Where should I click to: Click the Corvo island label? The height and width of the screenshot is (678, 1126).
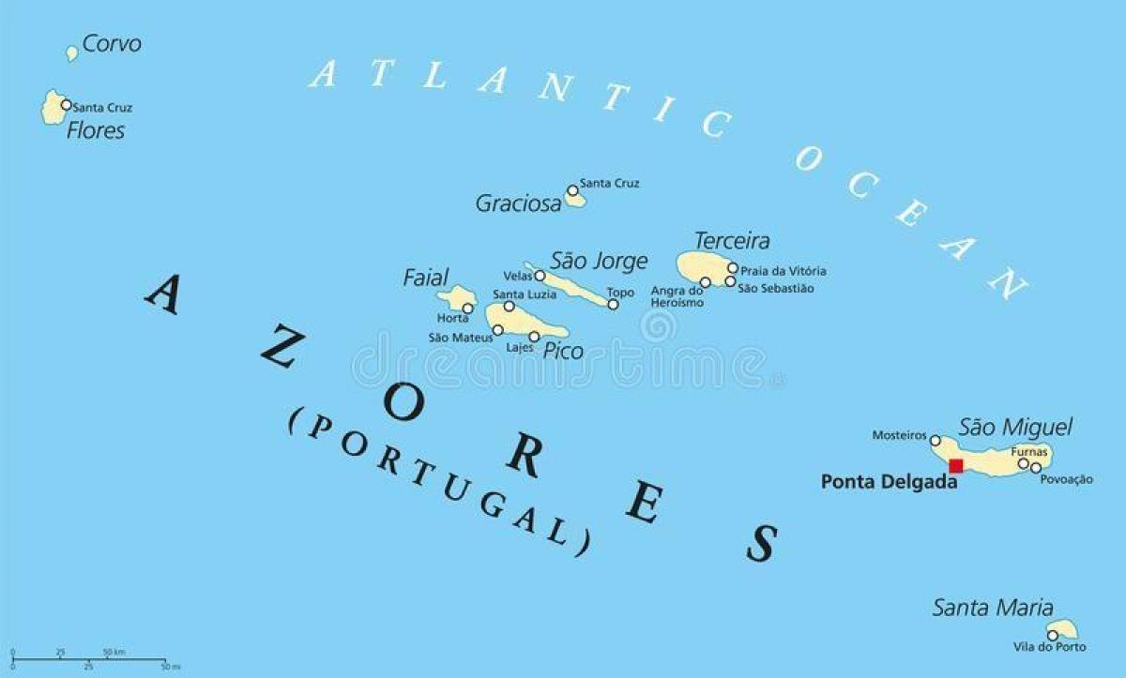[x=112, y=43]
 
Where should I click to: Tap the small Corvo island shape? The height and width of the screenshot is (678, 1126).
[x=72, y=53]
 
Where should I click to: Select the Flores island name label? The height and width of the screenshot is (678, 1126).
[x=96, y=130]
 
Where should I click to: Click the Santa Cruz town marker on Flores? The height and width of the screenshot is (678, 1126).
[x=66, y=106]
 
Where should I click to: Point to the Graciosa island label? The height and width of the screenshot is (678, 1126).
[x=518, y=203]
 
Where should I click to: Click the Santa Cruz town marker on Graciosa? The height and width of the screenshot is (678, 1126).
[x=572, y=190]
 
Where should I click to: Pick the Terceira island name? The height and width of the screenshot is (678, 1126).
[x=732, y=241]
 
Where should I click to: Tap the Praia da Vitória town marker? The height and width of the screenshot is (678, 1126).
[x=733, y=268]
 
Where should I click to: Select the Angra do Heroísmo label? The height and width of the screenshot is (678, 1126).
[x=677, y=296]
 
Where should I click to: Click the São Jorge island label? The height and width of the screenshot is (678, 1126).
[x=599, y=261]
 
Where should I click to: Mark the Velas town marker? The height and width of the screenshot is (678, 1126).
[x=540, y=276]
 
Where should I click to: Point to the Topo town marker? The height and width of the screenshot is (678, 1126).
[x=613, y=304]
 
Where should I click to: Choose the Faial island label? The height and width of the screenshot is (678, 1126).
[x=426, y=278]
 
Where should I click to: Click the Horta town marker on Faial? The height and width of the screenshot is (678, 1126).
[x=467, y=308]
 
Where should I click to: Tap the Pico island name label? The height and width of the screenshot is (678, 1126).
[x=563, y=352]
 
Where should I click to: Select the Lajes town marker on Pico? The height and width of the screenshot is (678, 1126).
[x=534, y=337]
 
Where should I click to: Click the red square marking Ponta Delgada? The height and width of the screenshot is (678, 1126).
[x=956, y=466]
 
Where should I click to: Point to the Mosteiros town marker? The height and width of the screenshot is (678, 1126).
[x=935, y=440]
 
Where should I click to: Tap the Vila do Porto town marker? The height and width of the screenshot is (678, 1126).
[x=1053, y=635]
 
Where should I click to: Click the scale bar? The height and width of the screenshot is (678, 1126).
[x=90, y=659]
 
